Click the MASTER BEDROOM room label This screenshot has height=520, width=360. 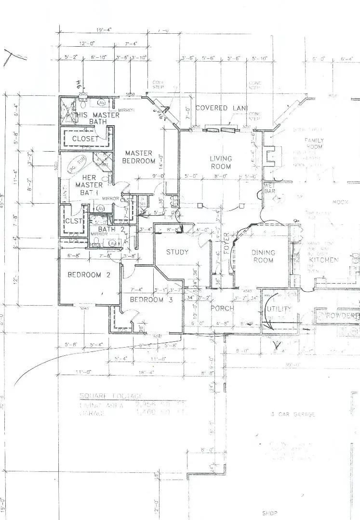(138, 157)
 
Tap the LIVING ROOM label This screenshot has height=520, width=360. (220, 162)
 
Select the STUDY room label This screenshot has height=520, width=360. (177, 252)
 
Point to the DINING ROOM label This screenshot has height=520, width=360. (263, 256)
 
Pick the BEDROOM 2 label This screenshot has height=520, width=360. (84, 275)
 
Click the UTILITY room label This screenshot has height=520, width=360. (279, 309)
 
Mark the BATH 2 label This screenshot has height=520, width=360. (107, 229)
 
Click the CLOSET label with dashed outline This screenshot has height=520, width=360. (85, 139)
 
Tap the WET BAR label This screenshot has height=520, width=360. (270, 188)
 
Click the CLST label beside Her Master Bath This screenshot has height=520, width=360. (72, 221)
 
